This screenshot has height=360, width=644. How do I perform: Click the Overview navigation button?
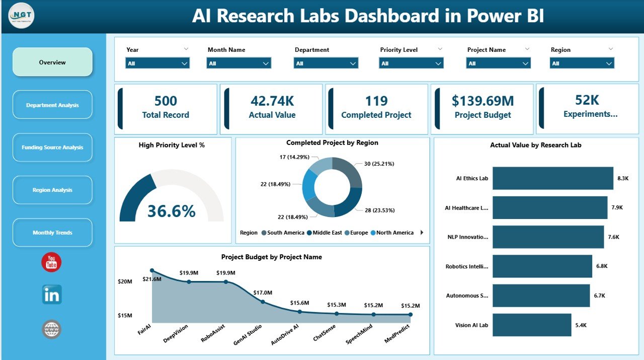click(52, 62)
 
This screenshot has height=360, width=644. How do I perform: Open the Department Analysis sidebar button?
click(52, 105)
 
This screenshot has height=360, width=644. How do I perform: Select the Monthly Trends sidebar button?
click(52, 233)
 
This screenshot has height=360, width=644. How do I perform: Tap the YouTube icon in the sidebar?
click(51, 262)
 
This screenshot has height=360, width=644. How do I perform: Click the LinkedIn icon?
click(52, 295)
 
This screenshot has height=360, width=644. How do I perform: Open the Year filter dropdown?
click(157, 63)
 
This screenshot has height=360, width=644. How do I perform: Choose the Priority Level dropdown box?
click(411, 63)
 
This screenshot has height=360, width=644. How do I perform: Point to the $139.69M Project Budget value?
click(482, 101)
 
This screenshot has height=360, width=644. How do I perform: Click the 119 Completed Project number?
click(376, 101)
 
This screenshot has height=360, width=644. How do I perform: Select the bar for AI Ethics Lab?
click(552, 178)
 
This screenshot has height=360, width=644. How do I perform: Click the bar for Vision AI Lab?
click(532, 325)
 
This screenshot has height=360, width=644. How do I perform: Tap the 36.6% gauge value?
click(171, 211)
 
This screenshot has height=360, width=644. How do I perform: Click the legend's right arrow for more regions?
click(422, 233)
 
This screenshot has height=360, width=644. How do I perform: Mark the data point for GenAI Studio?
click(263, 302)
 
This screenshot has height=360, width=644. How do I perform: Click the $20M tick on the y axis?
click(125, 282)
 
